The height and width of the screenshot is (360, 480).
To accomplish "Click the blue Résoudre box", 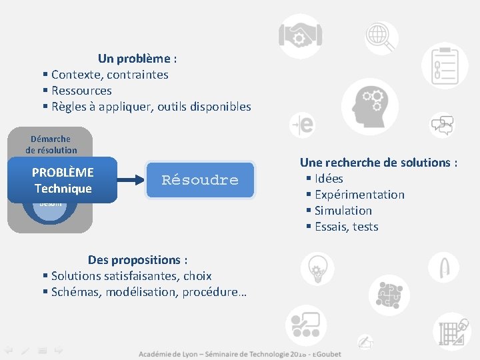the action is coord(200,180).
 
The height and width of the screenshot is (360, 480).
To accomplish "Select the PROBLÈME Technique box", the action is coord(63,180).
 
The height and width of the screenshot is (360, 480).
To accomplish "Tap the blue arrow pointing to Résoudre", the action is coord(131,179).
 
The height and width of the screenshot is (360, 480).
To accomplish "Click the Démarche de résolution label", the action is coord(51,144).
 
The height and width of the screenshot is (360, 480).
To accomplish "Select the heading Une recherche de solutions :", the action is coord(378,163).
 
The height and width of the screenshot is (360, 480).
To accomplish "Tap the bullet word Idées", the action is coord(329,179).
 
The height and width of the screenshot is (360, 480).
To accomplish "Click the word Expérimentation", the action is coord(359,195).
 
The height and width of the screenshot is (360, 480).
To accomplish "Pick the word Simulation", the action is coord(343,211).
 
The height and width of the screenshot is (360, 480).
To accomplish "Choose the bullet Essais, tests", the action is coord(346,227).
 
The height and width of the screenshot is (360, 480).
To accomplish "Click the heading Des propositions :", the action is coord(138,260).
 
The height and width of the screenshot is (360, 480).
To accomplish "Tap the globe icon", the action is coord(381,33).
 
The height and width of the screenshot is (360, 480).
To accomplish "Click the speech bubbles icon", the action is coord(442,124).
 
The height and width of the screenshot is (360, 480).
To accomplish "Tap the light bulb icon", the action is coord(317,269).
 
